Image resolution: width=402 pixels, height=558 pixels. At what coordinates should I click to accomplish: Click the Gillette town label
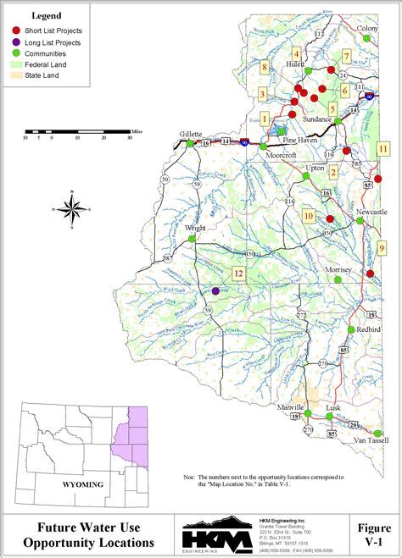coord(191,134)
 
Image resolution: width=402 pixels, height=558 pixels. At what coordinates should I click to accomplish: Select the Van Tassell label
coord(371,441)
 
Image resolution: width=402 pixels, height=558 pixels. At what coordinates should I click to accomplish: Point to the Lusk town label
coord(334,407)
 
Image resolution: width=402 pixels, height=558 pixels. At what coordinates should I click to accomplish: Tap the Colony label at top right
coord(367,28)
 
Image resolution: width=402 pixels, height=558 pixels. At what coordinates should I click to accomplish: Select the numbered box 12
coord(238,273)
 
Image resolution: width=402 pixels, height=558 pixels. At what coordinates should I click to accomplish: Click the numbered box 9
coord(382,246)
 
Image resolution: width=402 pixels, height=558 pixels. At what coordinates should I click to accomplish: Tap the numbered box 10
coord(309,216)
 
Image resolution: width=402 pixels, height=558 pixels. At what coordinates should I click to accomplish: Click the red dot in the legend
coord(16,30)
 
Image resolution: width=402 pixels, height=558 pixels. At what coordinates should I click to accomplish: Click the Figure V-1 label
coord(374,535)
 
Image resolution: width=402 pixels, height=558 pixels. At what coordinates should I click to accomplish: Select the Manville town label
coord(291,407)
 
